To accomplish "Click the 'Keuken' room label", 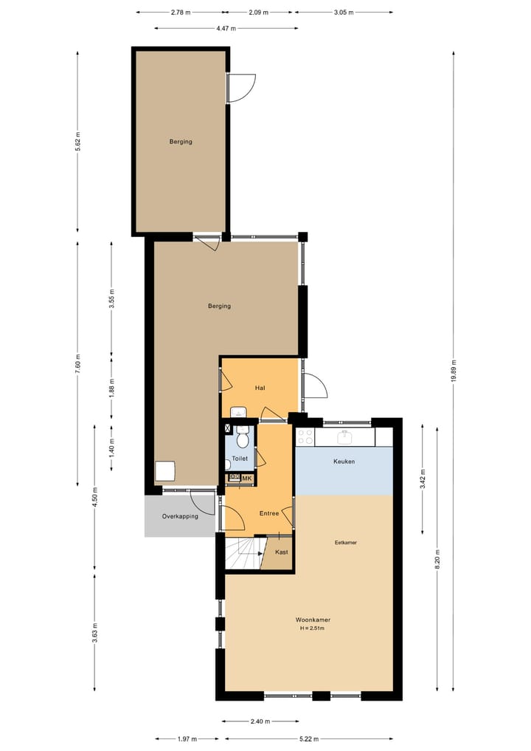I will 344,462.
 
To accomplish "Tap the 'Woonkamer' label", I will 311,619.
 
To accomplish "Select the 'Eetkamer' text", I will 345,543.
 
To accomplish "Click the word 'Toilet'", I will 240,459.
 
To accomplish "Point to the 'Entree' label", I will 269,513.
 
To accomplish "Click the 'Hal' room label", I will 260,388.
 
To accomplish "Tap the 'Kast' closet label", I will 281,552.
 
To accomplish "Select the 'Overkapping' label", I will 180,516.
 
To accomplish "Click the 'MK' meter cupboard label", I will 247,479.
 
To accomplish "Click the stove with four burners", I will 305,436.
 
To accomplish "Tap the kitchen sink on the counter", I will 345,437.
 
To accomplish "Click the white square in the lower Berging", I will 165,471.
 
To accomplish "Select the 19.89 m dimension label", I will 453,374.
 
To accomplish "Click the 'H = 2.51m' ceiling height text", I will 311,628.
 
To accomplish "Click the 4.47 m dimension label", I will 226,28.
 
